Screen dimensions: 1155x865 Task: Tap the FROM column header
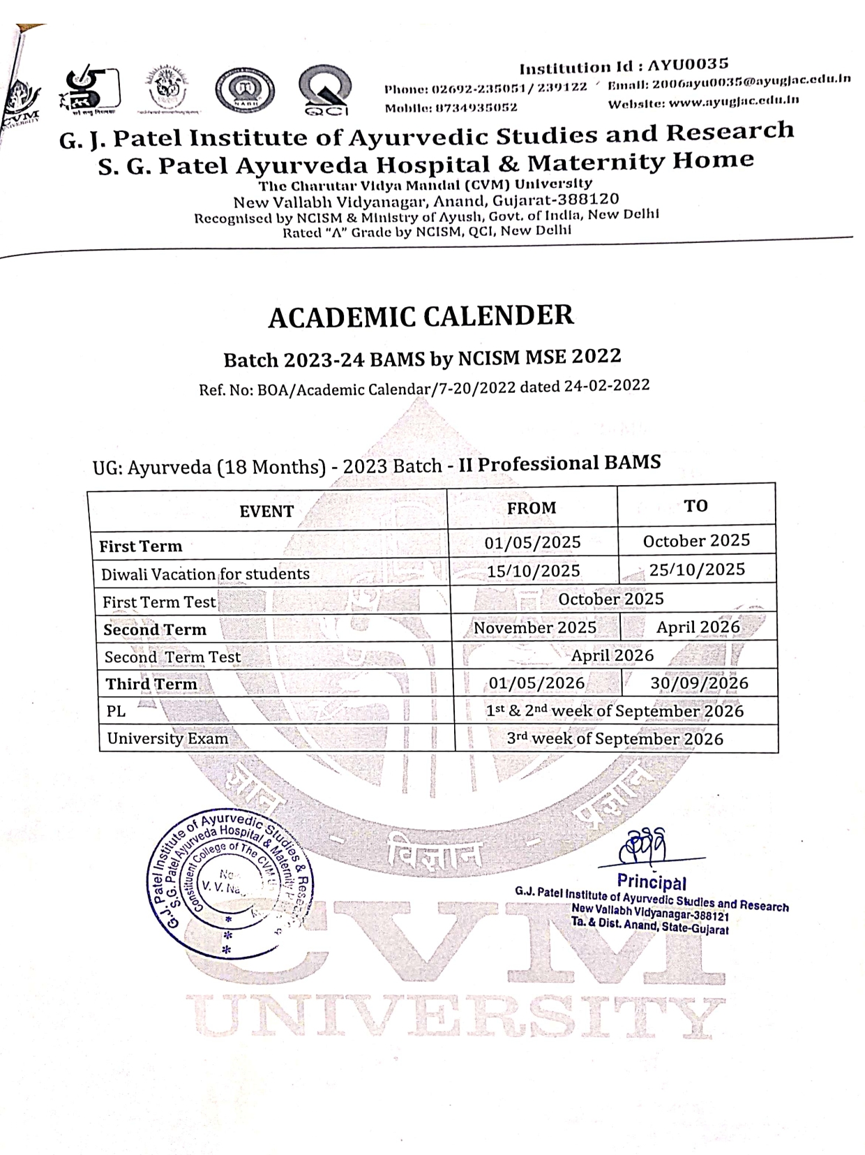click(x=532, y=508)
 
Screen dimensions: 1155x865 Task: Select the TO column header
click(x=695, y=506)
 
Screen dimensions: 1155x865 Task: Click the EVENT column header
click(x=266, y=512)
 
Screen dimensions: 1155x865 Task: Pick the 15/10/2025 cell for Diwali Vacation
click(x=534, y=571)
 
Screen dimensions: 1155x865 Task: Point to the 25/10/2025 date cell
click(x=697, y=569)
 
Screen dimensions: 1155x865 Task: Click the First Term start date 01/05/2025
click(x=533, y=542)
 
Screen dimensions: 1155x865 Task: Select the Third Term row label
click(x=151, y=684)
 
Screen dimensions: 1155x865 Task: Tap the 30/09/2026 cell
click(x=699, y=683)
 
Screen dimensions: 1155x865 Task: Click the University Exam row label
click(x=167, y=738)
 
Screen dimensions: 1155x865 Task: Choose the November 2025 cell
click(x=535, y=627)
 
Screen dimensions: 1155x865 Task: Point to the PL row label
click(x=116, y=711)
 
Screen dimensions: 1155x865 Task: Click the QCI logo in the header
click(x=324, y=91)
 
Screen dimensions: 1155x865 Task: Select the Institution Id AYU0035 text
click(x=624, y=66)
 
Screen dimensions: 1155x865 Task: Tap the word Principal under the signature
click(x=652, y=881)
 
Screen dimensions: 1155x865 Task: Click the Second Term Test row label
click(x=172, y=657)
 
